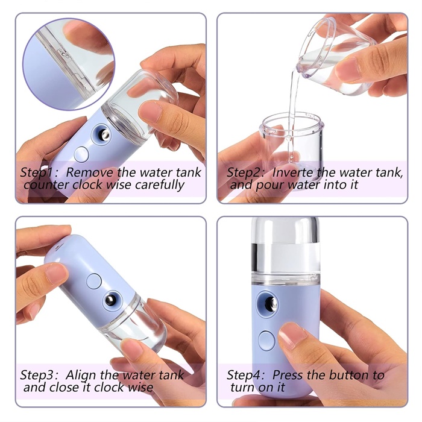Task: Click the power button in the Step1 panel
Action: pyautogui.click(x=81, y=154)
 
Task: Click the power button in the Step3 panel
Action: pyautogui.click(x=94, y=282)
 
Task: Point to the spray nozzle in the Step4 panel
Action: pyautogui.click(x=268, y=304)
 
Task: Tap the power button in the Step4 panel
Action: pyautogui.click(x=266, y=341)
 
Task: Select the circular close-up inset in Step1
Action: pyautogui.click(x=69, y=65)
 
